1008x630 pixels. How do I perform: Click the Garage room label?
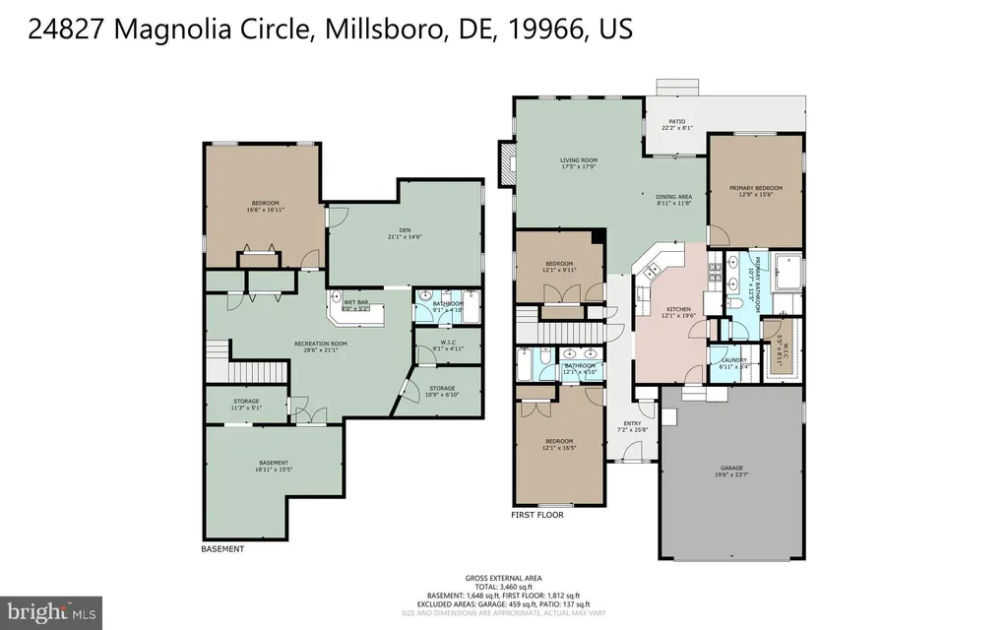[x=730, y=472]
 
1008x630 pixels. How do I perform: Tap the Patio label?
[x=677, y=124]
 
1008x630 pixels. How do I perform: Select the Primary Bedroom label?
[x=755, y=191]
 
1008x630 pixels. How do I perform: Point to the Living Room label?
[x=579, y=163]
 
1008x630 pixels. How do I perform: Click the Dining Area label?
[x=674, y=200]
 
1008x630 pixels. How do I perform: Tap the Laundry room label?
[x=734, y=362]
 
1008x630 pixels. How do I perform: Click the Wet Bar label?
[x=355, y=305]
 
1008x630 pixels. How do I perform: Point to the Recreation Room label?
[x=320, y=346]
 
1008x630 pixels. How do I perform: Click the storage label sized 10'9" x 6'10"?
[x=442, y=392]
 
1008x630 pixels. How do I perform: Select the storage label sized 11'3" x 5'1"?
[x=246, y=404]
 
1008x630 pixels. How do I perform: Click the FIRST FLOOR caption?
[x=536, y=514]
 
